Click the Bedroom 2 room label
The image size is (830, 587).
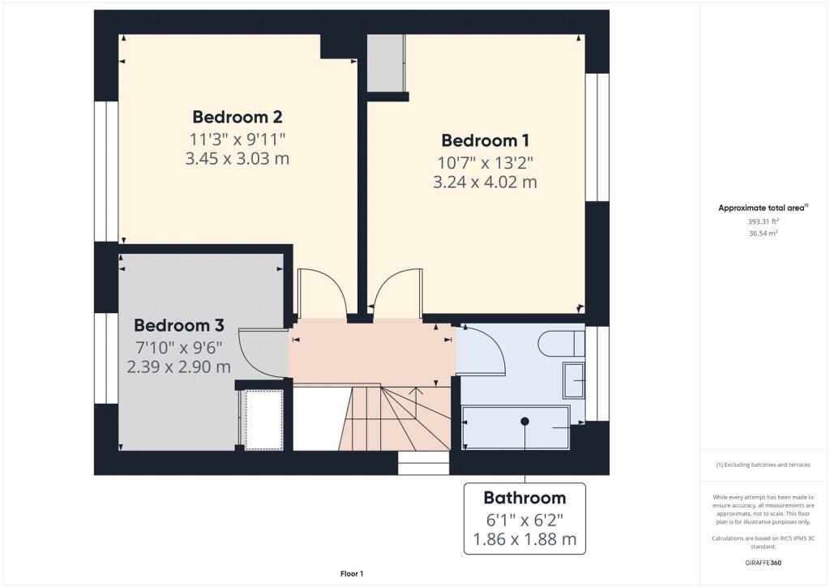click(x=237, y=117)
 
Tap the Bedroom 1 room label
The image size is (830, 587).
click(x=485, y=140)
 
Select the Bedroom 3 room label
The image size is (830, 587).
click(x=179, y=325)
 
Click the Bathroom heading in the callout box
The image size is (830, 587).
click(x=524, y=498)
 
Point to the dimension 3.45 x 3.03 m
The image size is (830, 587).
click(x=237, y=158)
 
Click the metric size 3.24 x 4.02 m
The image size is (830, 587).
click(x=485, y=182)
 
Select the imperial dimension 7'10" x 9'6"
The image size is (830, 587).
click(x=179, y=348)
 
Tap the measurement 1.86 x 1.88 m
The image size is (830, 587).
click(x=524, y=539)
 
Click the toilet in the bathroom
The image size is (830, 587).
click(x=561, y=344)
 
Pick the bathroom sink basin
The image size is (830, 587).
click(x=573, y=380)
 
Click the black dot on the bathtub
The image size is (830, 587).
click(x=524, y=422)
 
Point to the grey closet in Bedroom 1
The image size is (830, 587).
click(x=385, y=63)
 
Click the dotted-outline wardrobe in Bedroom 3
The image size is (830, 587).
click(x=263, y=420)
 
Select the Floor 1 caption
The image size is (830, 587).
click(x=352, y=574)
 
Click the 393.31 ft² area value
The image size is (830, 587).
click(x=763, y=221)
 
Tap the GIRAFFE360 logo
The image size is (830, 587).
click(x=763, y=563)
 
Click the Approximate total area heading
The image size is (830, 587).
click(x=763, y=208)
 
